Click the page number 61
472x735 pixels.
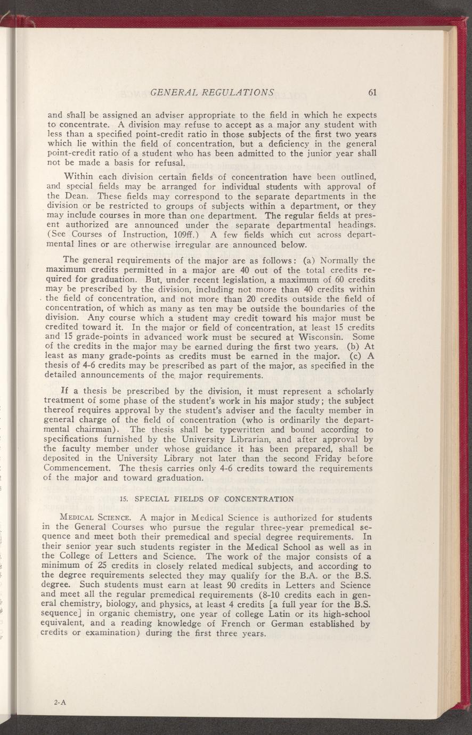[x=372, y=92]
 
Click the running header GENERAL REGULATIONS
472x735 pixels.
[x=213, y=92]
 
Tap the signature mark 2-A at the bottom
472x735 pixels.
[x=59, y=702]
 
